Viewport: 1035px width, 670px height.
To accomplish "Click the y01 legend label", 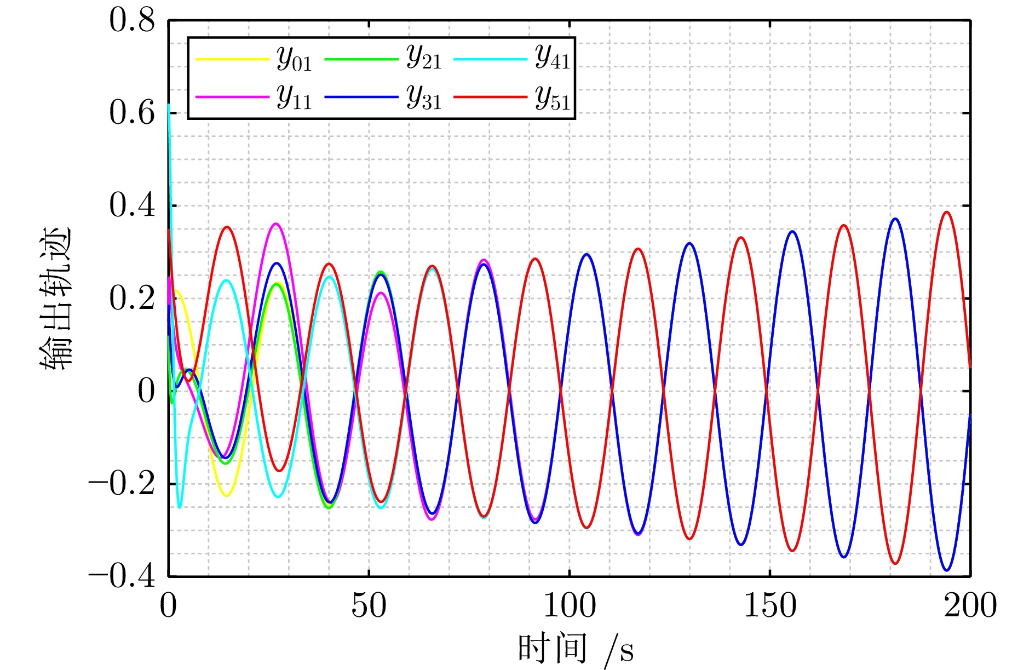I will click(x=294, y=59).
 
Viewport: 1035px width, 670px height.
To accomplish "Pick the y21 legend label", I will click(x=423, y=56).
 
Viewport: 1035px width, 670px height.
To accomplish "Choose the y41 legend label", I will click(x=552, y=56).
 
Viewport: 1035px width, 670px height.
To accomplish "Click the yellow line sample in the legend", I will click(x=232, y=59).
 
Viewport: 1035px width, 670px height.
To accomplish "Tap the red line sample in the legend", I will click(x=490, y=97).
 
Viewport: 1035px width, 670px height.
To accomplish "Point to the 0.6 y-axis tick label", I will click(x=132, y=113).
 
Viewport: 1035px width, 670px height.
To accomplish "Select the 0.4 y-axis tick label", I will click(x=132, y=206).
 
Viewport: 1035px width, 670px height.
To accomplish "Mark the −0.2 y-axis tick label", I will click(x=122, y=484).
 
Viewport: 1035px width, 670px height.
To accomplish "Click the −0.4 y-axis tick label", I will click(x=122, y=577).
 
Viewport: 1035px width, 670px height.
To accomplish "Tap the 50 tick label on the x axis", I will click(x=369, y=606).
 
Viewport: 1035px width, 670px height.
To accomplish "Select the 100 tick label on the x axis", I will click(x=569, y=606).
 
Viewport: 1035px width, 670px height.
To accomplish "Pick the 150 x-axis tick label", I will click(x=769, y=606).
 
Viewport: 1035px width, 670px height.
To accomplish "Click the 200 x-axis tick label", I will click(x=970, y=606).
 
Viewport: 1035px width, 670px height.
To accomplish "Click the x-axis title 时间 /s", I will click(x=575, y=650).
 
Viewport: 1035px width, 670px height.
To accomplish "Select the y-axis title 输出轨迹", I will click(x=56, y=299).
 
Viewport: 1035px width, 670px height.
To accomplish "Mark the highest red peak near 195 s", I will click(x=946, y=212).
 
